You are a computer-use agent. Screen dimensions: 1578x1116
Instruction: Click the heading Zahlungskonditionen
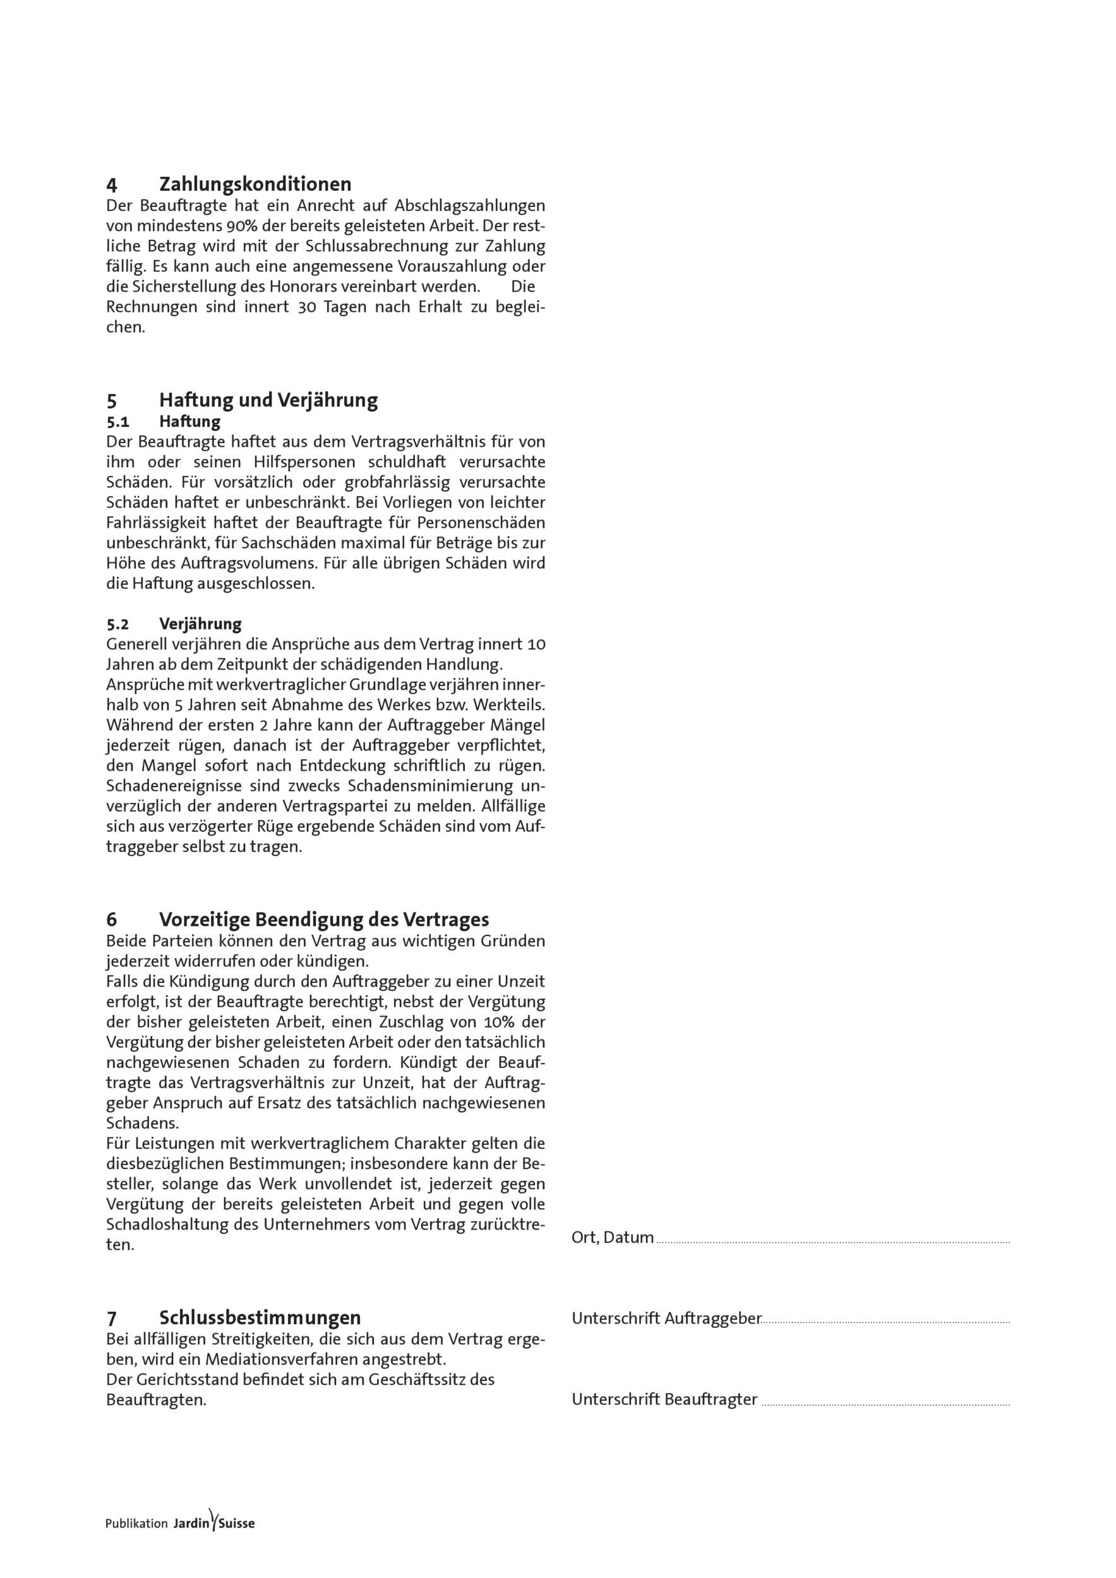(255, 184)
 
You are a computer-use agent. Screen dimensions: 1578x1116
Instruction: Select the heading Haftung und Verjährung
(268, 400)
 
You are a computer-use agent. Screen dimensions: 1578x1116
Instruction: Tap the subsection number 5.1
(117, 421)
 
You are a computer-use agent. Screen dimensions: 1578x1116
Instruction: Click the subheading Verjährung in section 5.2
(200, 624)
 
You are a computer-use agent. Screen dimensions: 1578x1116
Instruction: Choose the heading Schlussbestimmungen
(260, 1317)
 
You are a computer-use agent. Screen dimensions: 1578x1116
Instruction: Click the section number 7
(111, 1317)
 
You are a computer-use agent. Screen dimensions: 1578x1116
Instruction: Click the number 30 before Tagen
(307, 307)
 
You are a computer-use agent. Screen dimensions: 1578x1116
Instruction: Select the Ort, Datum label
(612, 1238)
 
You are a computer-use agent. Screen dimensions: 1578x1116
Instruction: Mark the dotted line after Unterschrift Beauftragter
(885, 1402)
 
